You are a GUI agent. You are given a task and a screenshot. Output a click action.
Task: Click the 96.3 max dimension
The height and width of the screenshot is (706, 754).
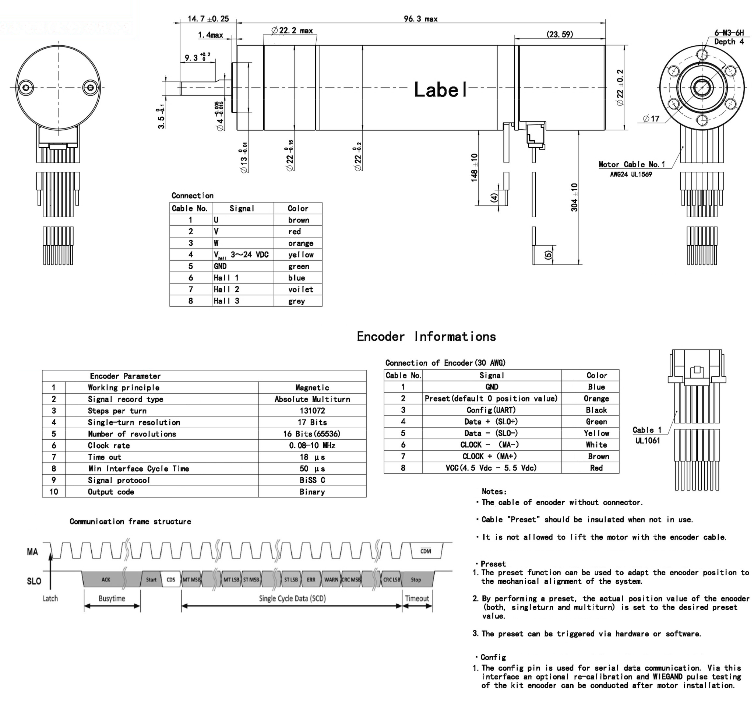pos(420,18)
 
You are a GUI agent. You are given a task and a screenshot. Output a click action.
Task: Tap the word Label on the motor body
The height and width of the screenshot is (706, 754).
pos(440,90)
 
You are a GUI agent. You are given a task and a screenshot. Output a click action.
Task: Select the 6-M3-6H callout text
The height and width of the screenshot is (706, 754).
pos(729,33)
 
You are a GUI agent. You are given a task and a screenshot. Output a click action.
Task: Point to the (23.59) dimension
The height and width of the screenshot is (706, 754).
pos(560,34)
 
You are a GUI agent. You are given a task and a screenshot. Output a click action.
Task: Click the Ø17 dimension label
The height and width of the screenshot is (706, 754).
pos(651,119)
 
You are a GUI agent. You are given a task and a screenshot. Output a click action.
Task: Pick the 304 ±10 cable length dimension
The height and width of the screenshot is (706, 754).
pos(574,197)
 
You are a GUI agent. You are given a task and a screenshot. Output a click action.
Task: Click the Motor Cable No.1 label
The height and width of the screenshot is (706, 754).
pos(631,164)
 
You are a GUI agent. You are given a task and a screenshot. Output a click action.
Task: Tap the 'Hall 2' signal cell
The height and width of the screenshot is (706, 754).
pos(226,289)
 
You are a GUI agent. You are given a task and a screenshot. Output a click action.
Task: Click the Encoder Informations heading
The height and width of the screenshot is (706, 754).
pos(426,337)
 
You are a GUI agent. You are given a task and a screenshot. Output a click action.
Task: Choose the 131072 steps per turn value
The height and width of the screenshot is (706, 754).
pos(312,411)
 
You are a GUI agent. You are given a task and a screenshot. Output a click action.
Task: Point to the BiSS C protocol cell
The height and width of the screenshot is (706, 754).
pos(312,480)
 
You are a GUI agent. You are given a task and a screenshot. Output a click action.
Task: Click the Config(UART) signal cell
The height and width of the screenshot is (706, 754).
pos(491,410)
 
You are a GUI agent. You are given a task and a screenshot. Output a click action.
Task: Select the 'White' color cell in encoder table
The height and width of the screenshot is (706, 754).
pos(596,445)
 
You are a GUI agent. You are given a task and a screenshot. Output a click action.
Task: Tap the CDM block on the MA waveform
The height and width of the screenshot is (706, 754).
pos(426,551)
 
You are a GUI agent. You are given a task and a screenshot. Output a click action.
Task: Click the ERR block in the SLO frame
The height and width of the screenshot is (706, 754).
pos(311,580)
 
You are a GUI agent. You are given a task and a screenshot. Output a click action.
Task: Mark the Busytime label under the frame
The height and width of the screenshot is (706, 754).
pos(112,598)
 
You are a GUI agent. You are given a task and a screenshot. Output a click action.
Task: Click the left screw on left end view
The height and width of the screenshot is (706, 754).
pos(26,88)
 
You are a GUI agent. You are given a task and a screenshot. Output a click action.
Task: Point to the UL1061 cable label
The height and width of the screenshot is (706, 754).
pos(648,441)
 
